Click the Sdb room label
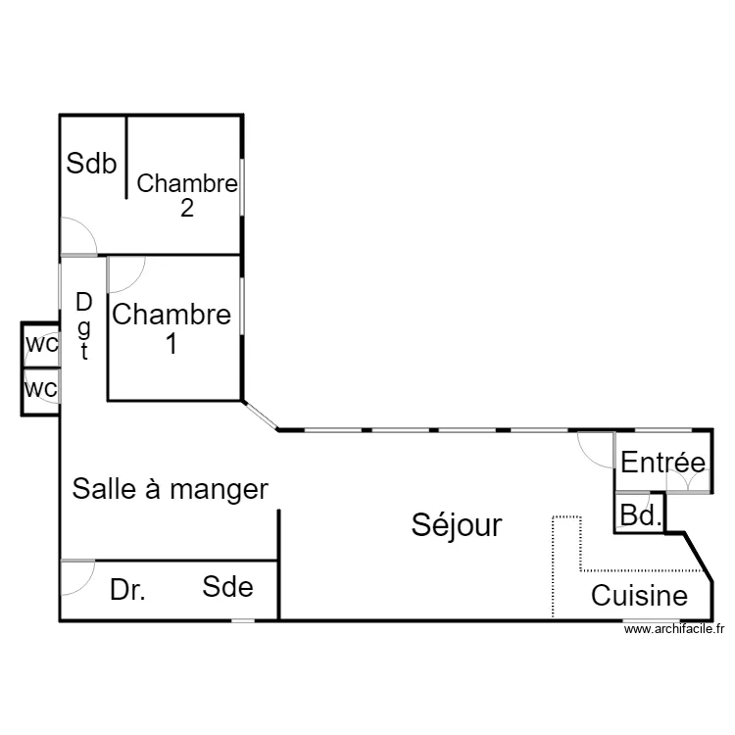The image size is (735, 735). click(x=91, y=163)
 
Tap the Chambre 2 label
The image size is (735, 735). click(x=187, y=195)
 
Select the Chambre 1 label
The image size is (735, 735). click(x=171, y=328)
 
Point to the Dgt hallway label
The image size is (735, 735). click(x=84, y=325)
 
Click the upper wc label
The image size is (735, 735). click(x=42, y=344)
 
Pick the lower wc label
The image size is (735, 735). click(x=41, y=389)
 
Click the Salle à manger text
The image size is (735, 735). click(x=171, y=489)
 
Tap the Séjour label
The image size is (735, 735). click(x=457, y=525)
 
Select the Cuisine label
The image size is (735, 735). click(x=639, y=595)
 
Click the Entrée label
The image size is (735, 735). click(x=662, y=462)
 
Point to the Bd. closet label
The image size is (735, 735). click(x=641, y=515)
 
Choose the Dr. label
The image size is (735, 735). click(x=127, y=590)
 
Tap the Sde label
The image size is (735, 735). click(x=227, y=586)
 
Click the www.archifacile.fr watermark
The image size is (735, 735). click(x=674, y=629)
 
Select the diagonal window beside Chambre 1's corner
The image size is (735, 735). click(x=260, y=415)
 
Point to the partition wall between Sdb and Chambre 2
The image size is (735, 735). click(x=126, y=157)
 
